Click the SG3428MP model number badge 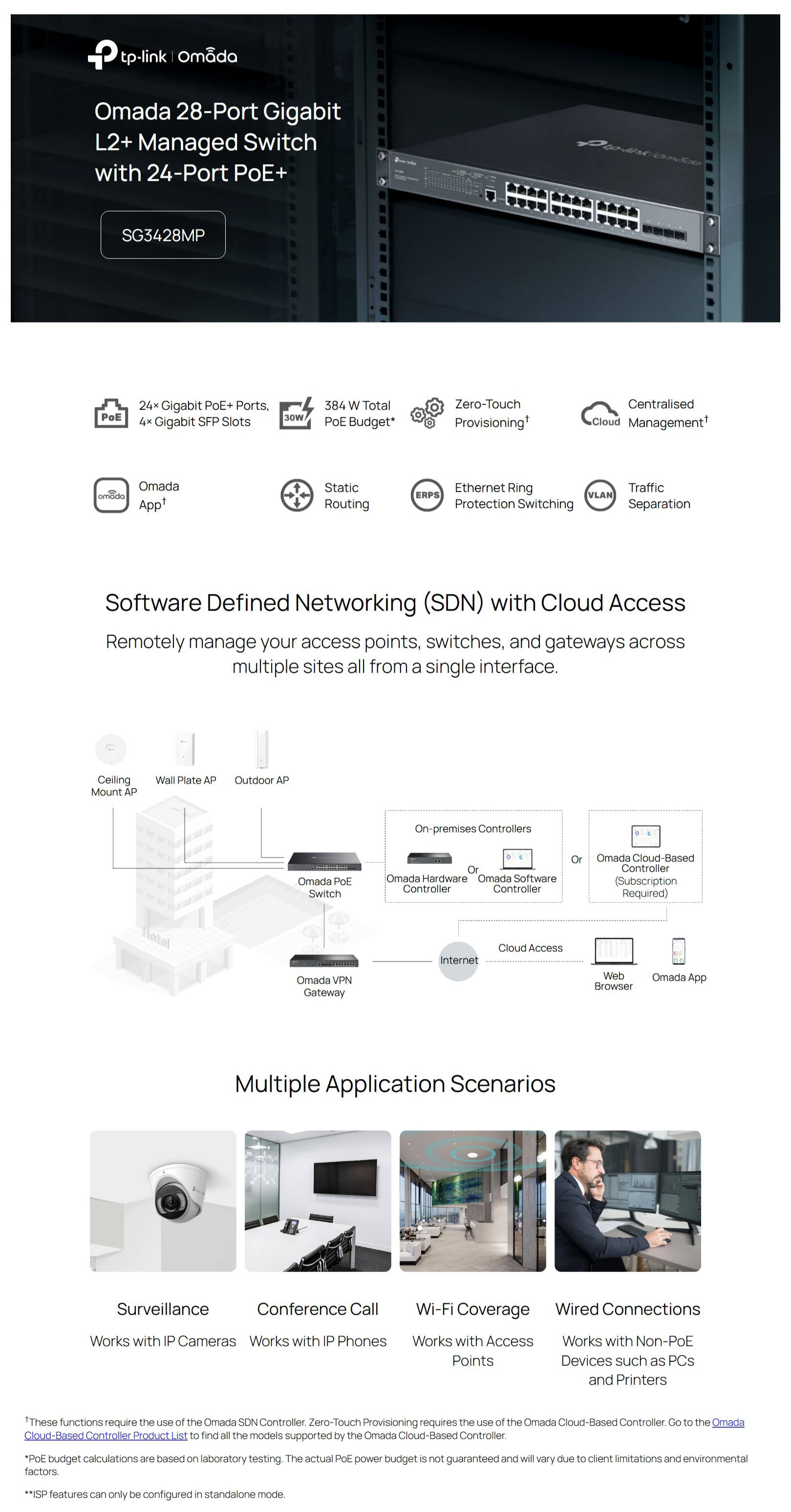(x=163, y=235)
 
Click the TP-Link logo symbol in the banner (x=102, y=55)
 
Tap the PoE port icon (x=111, y=413)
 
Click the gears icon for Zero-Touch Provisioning (x=427, y=413)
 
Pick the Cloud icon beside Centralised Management (x=600, y=414)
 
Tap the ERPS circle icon (x=427, y=495)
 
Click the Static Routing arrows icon (x=297, y=495)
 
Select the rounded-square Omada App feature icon (x=111, y=495)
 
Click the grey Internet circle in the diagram (x=459, y=960)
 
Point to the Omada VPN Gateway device (x=324, y=961)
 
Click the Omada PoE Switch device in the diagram (x=324, y=861)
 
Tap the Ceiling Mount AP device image (x=111, y=749)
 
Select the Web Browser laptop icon (x=614, y=951)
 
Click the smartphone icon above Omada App (x=678, y=951)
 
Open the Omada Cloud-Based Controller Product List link (x=385, y=1429)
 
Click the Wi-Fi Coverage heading (x=473, y=1309)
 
